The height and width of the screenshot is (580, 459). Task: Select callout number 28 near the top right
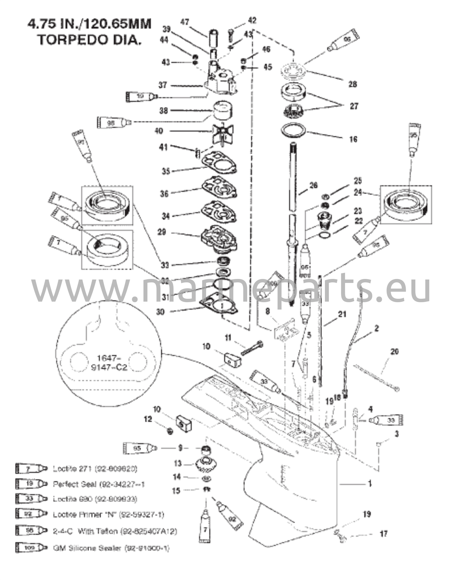pos(353,84)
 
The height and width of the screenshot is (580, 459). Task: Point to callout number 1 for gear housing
pos(370,484)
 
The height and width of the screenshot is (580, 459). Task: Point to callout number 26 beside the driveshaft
pos(313,186)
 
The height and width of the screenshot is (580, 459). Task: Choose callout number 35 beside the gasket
pos(166,171)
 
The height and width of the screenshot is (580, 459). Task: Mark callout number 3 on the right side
pos(397,434)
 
